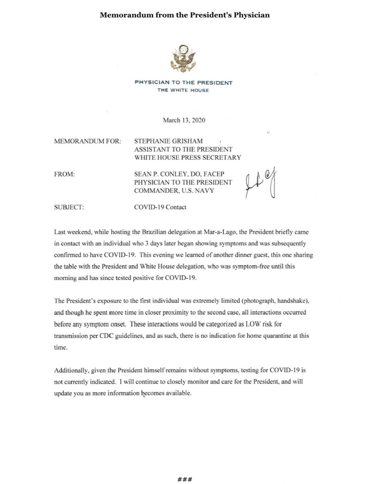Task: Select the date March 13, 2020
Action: pyautogui.click(x=184, y=120)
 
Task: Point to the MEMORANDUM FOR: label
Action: pyautogui.click(x=87, y=141)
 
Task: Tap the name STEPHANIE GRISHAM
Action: pyautogui.click(x=168, y=141)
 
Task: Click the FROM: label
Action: pyautogui.click(x=64, y=174)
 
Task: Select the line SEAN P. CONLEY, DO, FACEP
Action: pyautogui.click(x=179, y=174)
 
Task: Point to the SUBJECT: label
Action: pyautogui.click(x=69, y=207)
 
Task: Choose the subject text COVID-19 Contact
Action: pyautogui.click(x=160, y=207)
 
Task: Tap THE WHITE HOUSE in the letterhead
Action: pyautogui.click(x=183, y=90)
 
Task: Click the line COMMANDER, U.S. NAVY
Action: pyautogui.click(x=174, y=191)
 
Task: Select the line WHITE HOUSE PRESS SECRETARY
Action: pyautogui.click(x=188, y=158)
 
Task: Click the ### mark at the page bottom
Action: pyautogui.click(x=185, y=479)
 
